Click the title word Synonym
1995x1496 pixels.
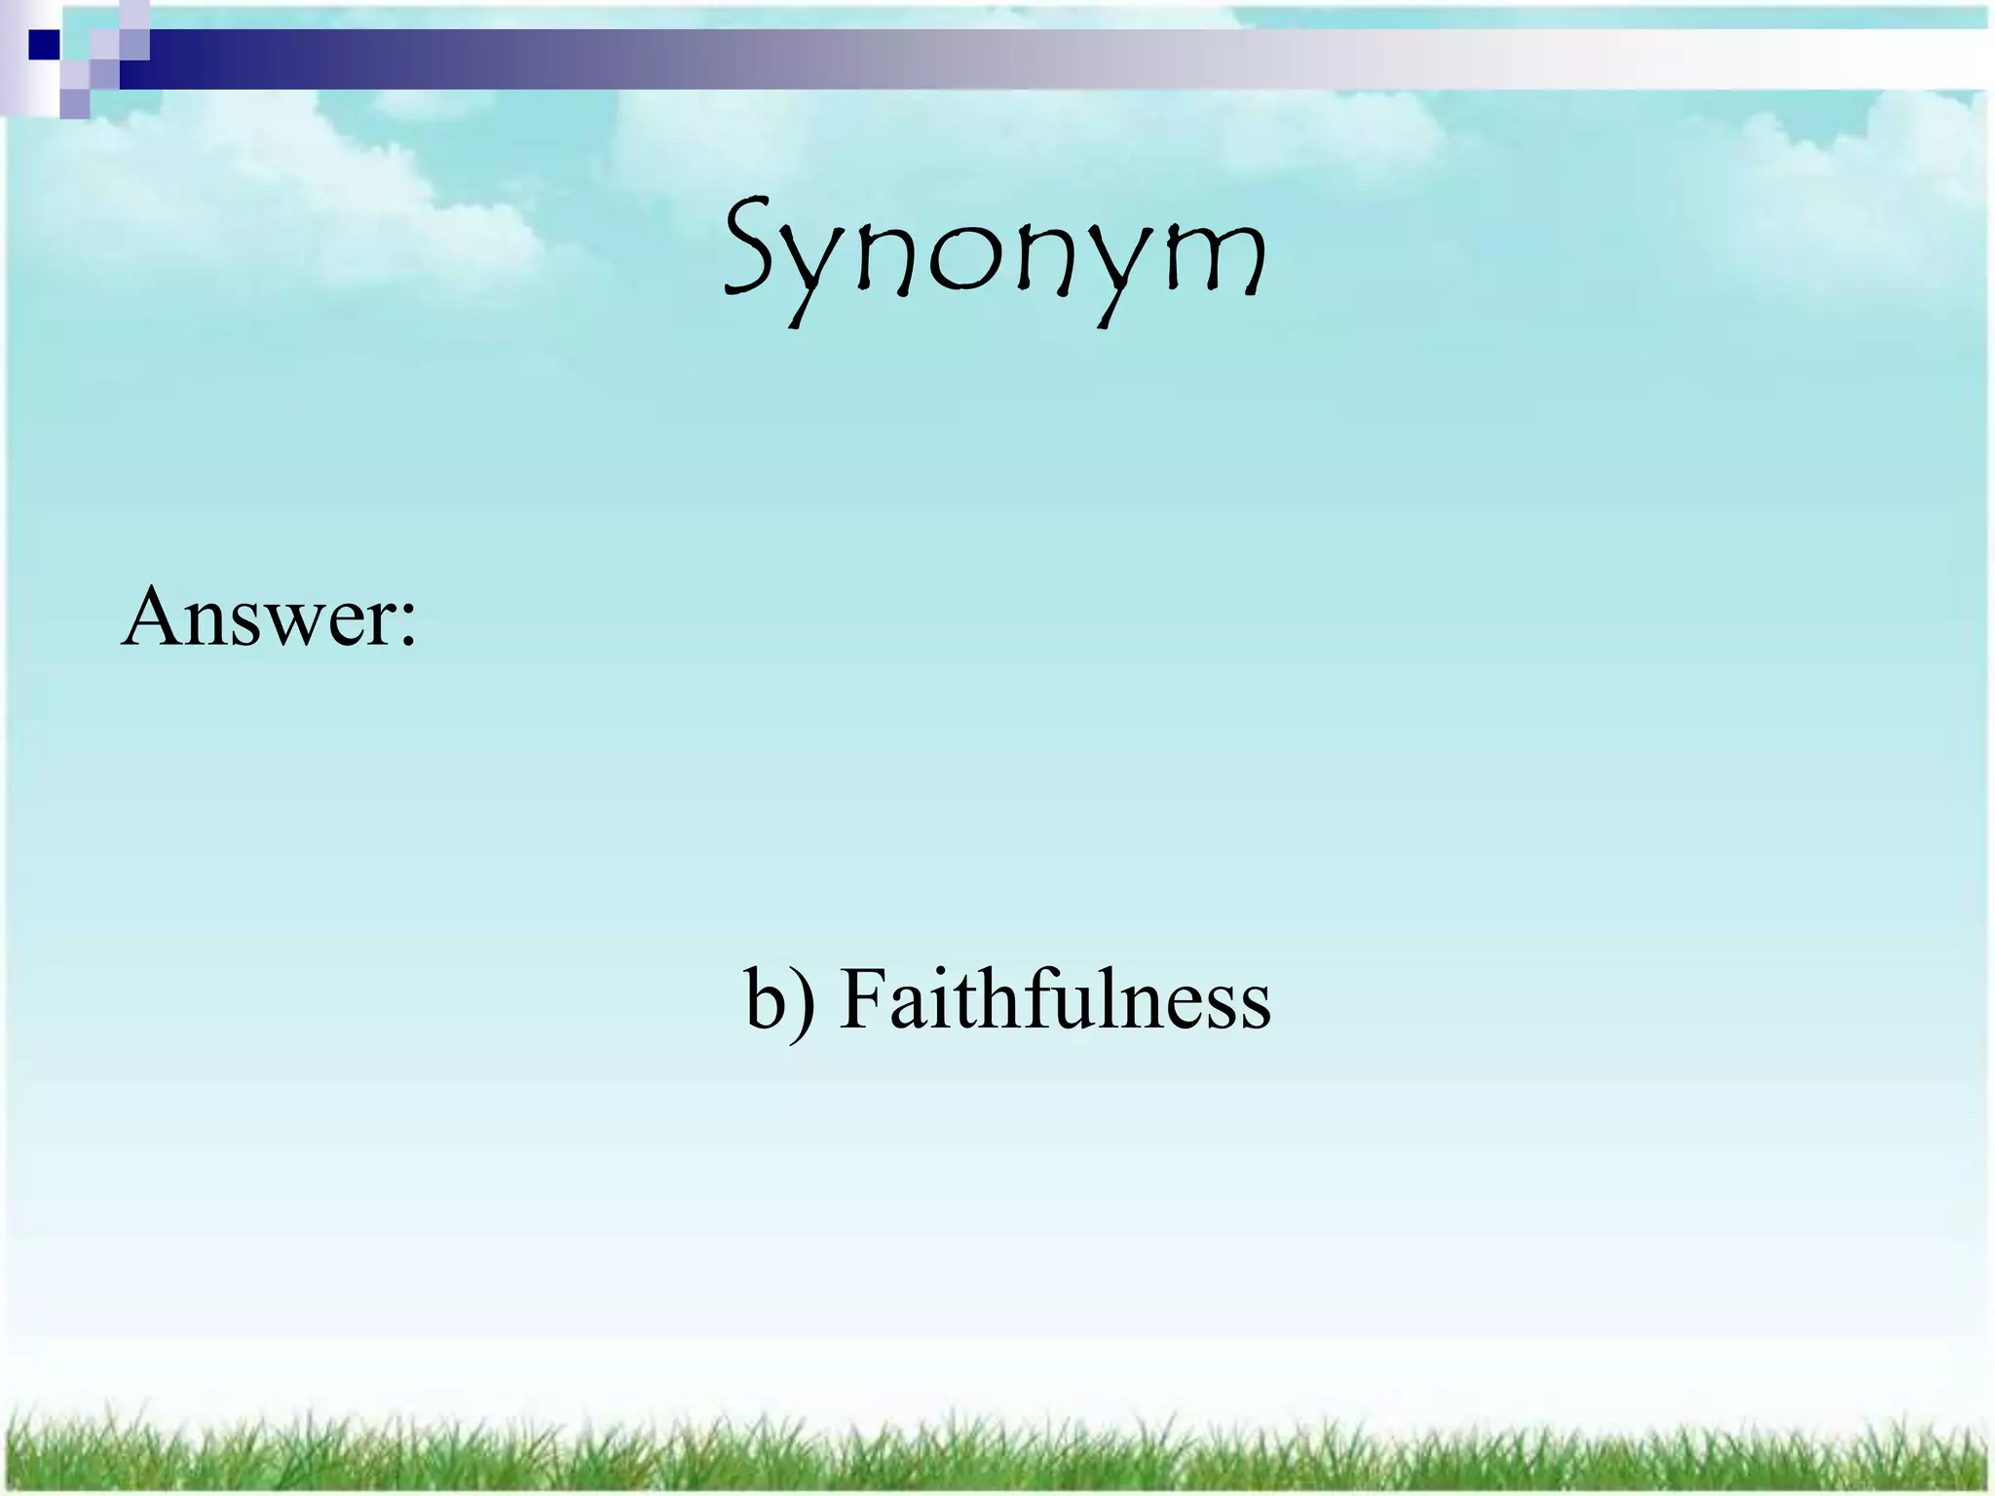pos(996,253)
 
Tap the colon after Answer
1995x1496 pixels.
pos(408,623)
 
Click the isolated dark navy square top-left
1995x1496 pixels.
pos(44,45)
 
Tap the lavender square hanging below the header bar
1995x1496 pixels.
pos(75,104)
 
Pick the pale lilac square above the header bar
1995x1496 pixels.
pos(134,14)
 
